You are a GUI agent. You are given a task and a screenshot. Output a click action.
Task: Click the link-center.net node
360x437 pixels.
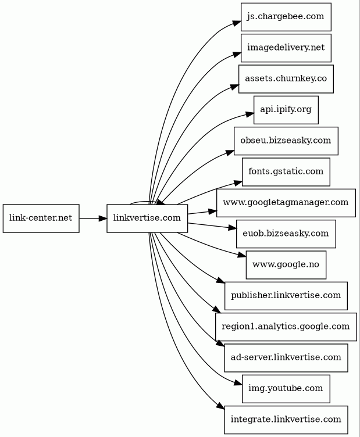tap(41, 218)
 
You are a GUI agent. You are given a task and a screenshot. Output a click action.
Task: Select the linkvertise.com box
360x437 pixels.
tap(147, 218)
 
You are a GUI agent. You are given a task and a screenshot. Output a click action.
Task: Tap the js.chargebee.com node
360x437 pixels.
tap(286, 17)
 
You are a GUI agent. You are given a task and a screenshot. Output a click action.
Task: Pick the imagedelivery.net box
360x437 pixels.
tap(286, 48)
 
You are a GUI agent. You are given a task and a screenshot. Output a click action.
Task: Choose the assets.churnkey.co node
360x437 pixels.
tap(286, 79)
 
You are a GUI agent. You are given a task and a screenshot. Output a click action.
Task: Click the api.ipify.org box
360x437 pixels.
tap(286, 110)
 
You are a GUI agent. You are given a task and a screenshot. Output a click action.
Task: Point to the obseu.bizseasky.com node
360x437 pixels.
tap(286, 141)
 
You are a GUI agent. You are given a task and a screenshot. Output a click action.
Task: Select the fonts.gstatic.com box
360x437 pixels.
tap(286, 171)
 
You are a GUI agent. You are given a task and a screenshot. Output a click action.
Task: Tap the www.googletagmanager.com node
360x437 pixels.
tap(286, 203)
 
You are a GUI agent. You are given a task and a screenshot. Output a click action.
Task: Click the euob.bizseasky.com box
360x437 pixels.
tap(286, 234)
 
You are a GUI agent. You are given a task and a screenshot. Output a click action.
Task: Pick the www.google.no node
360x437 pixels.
tap(286, 265)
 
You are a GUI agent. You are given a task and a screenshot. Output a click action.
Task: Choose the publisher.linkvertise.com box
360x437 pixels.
tap(286, 296)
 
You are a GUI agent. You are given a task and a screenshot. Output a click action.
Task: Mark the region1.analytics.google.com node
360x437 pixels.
tap(286, 327)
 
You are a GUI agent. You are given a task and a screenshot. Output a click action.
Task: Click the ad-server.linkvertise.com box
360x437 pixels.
tap(286, 357)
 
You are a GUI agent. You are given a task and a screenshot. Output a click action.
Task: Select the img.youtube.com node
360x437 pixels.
tap(286, 389)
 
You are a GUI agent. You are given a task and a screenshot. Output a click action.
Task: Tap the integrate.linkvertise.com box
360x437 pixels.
tap(286, 420)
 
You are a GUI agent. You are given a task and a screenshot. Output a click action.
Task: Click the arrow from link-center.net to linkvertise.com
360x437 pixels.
tap(93, 218)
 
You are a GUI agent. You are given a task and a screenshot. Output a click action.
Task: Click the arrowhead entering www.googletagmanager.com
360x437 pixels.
tap(212, 212)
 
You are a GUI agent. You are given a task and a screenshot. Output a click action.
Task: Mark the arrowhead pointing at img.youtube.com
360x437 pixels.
tap(238, 384)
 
